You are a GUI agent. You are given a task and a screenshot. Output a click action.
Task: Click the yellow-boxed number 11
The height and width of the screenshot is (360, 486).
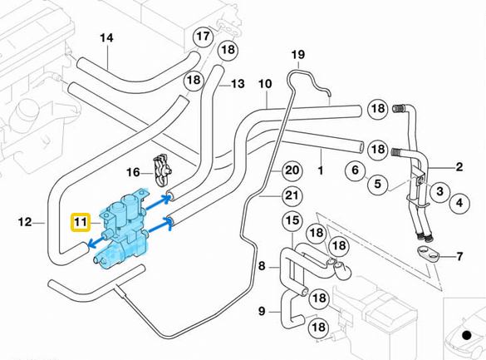(x=81, y=223)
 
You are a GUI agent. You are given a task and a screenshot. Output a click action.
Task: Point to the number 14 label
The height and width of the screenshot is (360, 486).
(x=107, y=38)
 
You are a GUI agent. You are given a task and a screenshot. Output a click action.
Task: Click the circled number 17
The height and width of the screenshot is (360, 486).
(x=204, y=37)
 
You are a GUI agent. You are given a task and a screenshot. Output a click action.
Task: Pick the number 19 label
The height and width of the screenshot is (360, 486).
(x=298, y=56)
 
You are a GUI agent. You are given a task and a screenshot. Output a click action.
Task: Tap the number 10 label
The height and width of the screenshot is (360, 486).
(x=265, y=84)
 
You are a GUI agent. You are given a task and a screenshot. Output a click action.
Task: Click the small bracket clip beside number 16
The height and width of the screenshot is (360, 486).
(x=164, y=171)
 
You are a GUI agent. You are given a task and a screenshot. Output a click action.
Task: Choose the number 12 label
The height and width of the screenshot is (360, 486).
(x=25, y=222)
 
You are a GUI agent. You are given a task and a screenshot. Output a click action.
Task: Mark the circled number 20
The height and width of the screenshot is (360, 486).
(x=290, y=170)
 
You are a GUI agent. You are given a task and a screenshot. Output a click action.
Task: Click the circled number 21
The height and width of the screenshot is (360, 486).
(x=290, y=195)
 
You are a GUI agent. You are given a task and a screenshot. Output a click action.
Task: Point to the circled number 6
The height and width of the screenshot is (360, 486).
(x=355, y=170)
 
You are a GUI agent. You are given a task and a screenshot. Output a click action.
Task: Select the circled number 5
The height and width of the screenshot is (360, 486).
(x=376, y=183)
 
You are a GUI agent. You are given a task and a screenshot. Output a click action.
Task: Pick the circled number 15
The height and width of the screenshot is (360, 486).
(x=292, y=220)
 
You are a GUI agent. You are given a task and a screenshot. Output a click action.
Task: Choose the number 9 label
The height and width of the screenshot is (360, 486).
(x=262, y=312)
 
